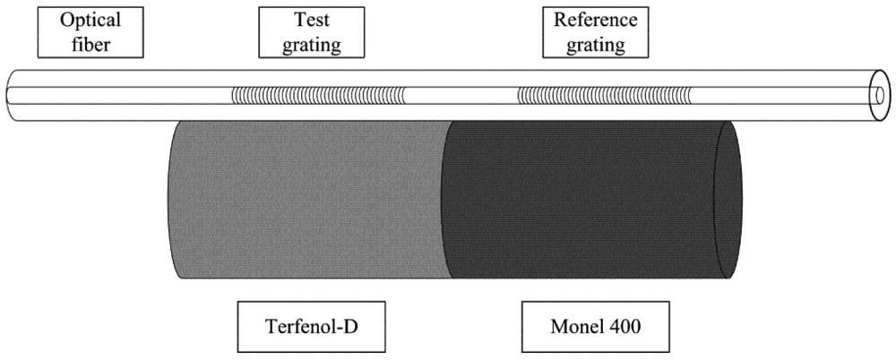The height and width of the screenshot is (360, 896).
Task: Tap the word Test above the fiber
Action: tap(301, 19)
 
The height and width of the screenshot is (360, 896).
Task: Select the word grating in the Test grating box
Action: tap(301, 44)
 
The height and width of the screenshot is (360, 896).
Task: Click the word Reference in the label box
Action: tap(589, 19)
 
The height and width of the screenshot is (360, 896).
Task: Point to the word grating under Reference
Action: tap(589, 44)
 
